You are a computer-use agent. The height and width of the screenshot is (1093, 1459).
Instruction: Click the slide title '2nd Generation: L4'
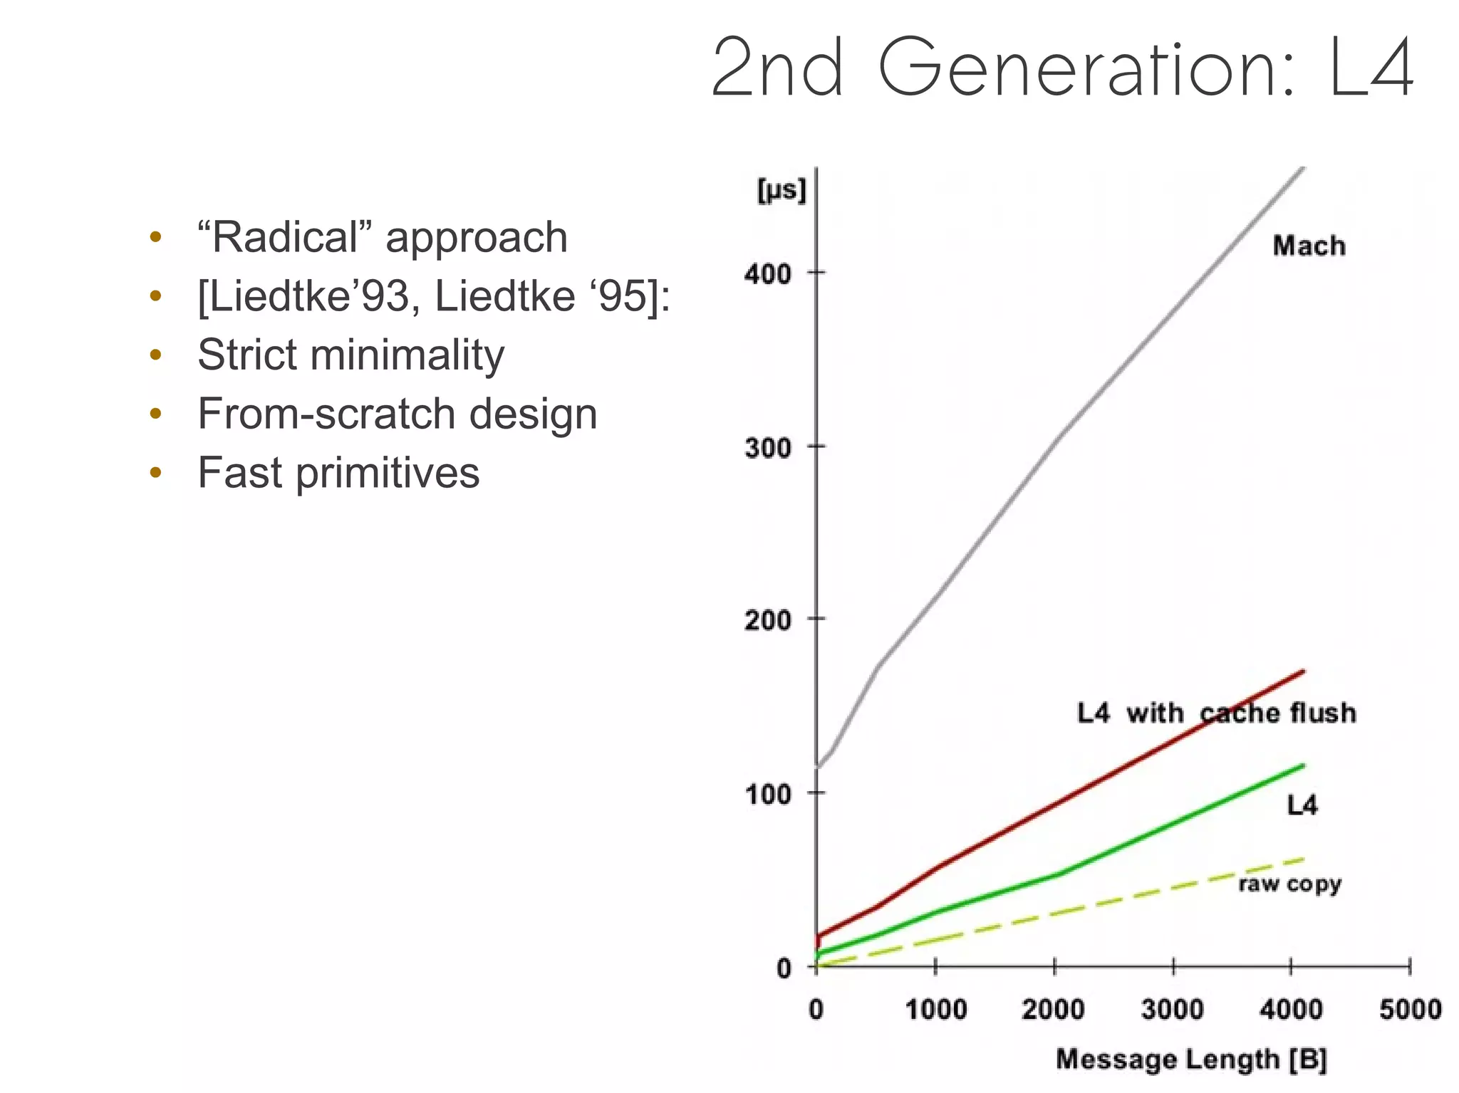pyautogui.click(x=1061, y=68)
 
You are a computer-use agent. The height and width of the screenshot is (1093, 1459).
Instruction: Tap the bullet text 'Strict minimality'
pyautogui.click(x=351, y=355)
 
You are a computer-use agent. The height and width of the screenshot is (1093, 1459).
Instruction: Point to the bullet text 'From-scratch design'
pyautogui.click(x=397, y=414)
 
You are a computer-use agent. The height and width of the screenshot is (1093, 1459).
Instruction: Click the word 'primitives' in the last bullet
pyautogui.click(x=388, y=473)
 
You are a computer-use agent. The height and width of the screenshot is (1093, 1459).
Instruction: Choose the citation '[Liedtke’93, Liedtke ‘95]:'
pyautogui.click(x=433, y=296)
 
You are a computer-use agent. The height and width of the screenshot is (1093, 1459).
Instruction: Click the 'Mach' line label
pyautogui.click(x=1309, y=246)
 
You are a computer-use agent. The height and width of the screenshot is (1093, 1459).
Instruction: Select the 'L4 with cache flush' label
pyautogui.click(x=1215, y=713)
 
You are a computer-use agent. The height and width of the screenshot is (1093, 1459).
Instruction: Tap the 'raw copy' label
pyautogui.click(x=1289, y=884)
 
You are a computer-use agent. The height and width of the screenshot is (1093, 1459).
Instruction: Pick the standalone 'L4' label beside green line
pyautogui.click(x=1302, y=805)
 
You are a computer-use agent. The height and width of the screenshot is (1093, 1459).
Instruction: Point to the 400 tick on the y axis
pyautogui.click(x=767, y=273)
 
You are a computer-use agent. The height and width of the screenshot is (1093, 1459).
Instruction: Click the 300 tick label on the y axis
pyautogui.click(x=767, y=449)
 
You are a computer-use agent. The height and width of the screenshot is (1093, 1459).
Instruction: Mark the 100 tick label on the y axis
pyautogui.click(x=767, y=794)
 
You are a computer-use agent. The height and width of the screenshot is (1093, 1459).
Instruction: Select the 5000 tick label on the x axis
pyautogui.click(x=1410, y=1009)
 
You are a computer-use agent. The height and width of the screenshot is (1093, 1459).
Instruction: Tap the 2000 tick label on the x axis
pyautogui.click(x=1053, y=1009)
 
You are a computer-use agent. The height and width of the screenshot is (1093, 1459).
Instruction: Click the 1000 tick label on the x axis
pyautogui.click(x=935, y=1009)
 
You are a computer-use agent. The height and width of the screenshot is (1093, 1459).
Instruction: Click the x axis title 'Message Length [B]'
pyautogui.click(x=1191, y=1059)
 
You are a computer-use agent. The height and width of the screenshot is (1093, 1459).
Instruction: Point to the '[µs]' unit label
pyautogui.click(x=781, y=190)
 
